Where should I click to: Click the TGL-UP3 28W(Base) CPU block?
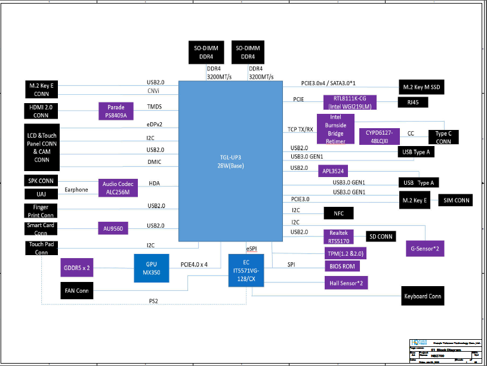(231, 161)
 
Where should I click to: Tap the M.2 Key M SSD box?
(421, 88)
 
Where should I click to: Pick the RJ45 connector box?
(413, 102)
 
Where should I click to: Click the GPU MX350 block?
(151, 268)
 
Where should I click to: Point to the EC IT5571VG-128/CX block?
(246, 270)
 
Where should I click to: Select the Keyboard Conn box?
(423, 296)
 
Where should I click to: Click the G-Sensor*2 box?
(425, 247)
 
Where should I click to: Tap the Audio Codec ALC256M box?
(119, 188)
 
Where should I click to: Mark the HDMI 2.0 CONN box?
(41, 111)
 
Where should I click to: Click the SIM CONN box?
(455, 200)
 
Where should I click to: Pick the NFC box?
(338, 213)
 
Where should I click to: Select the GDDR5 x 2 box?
(76, 268)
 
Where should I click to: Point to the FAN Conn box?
(77, 291)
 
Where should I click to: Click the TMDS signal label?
(154, 107)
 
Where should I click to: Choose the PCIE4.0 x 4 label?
(194, 264)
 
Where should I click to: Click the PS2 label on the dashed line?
(153, 300)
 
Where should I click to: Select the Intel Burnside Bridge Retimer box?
(335, 129)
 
